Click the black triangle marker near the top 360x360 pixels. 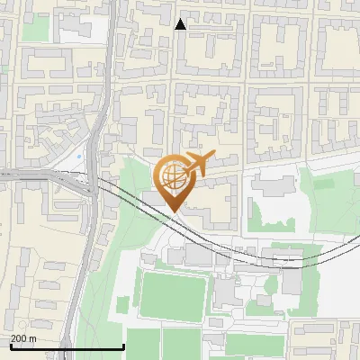point(181,24)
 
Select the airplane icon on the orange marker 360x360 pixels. point(197,164)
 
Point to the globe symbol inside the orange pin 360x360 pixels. point(173,175)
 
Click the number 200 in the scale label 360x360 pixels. point(20,338)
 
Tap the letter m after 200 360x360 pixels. point(33,338)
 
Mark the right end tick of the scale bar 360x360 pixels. point(123,346)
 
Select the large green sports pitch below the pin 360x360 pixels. point(173,292)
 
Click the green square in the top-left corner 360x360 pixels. point(35,29)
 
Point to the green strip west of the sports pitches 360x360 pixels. point(108,270)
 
